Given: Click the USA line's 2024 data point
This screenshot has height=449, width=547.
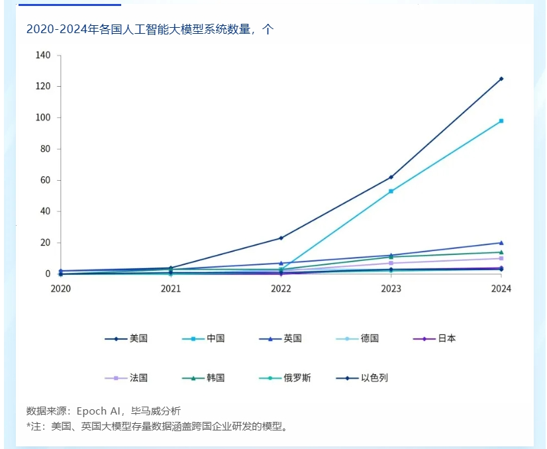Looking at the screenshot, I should pos(501,79).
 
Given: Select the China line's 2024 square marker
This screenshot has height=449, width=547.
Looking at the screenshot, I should pos(501,121).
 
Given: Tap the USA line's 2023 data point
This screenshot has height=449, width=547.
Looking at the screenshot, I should pos(391,177).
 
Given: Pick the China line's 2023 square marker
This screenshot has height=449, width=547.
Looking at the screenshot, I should pos(391,191).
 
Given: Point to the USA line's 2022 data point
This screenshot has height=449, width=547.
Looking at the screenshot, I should pos(281,238).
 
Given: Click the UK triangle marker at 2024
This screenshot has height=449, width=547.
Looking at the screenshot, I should pos(501,243).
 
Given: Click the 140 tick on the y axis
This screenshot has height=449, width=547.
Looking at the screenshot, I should pos(43,56).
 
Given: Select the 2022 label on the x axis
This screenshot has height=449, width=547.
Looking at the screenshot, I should pos(281,289).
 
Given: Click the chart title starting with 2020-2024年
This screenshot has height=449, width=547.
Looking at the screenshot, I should pos(149,30).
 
